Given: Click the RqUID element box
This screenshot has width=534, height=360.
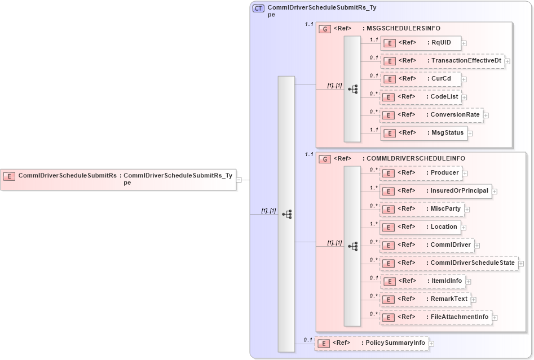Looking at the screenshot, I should [421, 43].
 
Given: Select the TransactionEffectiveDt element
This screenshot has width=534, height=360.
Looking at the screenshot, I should [442, 61].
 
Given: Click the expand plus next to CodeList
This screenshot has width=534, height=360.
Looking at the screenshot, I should [464, 97].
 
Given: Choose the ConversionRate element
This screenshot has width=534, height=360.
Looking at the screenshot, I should [431, 115].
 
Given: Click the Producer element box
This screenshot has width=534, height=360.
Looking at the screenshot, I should [421, 173].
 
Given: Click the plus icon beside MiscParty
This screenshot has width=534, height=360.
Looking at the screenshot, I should [467, 210].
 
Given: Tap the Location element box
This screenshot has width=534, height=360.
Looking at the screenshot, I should [421, 227].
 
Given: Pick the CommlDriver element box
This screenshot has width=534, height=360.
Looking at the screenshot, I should [427, 245].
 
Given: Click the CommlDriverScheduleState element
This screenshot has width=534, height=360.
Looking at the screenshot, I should [449, 263].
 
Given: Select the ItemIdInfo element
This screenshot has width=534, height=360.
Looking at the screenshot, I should [423, 281].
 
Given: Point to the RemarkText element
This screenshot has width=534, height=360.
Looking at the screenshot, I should [426, 299].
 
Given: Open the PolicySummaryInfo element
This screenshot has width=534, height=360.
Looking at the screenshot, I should [371, 343].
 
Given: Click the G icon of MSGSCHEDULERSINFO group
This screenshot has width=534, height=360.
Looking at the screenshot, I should [324, 29].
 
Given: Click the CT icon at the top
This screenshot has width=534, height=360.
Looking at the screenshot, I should [258, 8].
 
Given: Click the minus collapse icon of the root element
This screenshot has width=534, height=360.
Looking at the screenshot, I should [239, 180].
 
